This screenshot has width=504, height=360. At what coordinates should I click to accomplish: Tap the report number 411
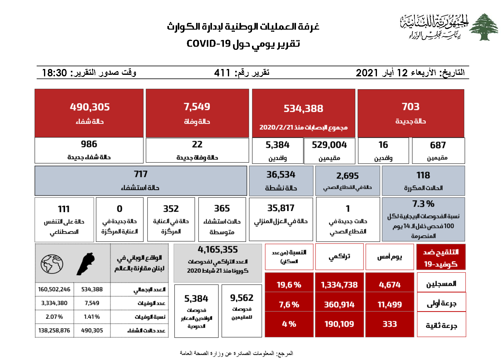[222, 73]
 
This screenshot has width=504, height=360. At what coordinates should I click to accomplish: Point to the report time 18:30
[54, 73]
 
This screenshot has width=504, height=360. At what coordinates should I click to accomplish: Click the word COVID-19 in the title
[208, 43]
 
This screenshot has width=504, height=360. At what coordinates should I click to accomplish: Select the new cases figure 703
[411, 107]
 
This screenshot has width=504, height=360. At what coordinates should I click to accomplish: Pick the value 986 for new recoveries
[89, 144]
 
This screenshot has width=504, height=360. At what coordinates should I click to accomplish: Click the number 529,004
[329, 145]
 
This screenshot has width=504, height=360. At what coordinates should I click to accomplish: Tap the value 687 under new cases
[438, 145]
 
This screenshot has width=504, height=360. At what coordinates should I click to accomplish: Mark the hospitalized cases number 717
[141, 174]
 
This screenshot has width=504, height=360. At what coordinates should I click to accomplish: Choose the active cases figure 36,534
[281, 175]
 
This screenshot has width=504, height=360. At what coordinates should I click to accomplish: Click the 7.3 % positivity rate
[423, 204]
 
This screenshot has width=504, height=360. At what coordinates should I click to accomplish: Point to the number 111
[64, 209]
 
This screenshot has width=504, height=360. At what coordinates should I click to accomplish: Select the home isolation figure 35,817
[281, 208]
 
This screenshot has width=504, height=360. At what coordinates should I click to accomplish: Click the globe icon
[52, 264]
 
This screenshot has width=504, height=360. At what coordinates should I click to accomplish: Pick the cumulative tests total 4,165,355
[217, 250]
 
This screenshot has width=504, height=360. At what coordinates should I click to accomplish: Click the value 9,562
[242, 298]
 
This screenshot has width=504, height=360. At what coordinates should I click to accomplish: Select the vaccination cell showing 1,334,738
[339, 285]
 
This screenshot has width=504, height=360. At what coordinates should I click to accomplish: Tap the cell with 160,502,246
[54, 289]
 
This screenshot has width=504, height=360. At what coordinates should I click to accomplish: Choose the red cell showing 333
[389, 324]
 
